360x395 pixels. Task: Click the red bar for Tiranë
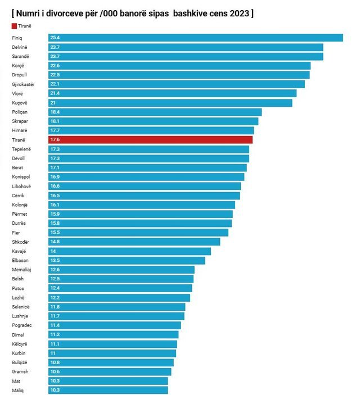click(x=150, y=140)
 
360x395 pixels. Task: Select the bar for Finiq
click(x=195, y=38)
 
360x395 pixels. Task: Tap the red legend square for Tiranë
click(x=13, y=26)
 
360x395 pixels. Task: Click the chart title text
click(x=132, y=12)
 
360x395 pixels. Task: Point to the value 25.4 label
click(x=55, y=38)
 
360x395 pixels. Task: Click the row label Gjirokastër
click(x=23, y=84)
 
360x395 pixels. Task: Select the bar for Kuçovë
click(x=170, y=103)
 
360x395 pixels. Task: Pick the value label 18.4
click(x=55, y=112)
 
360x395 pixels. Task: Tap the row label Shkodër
click(x=20, y=242)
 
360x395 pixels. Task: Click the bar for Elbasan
click(x=127, y=261)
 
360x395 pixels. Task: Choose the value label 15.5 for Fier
click(x=55, y=233)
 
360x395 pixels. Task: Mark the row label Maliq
click(x=18, y=391)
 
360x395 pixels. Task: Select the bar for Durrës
click(x=139, y=224)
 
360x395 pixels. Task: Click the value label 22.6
click(x=55, y=66)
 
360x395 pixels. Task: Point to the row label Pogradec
click(x=22, y=325)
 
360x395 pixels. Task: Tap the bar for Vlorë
click(x=172, y=93)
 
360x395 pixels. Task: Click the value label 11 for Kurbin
click(x=53, y=353)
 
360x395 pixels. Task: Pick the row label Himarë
click(x=20, y=131)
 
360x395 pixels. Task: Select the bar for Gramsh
click(x=109, y=372)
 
